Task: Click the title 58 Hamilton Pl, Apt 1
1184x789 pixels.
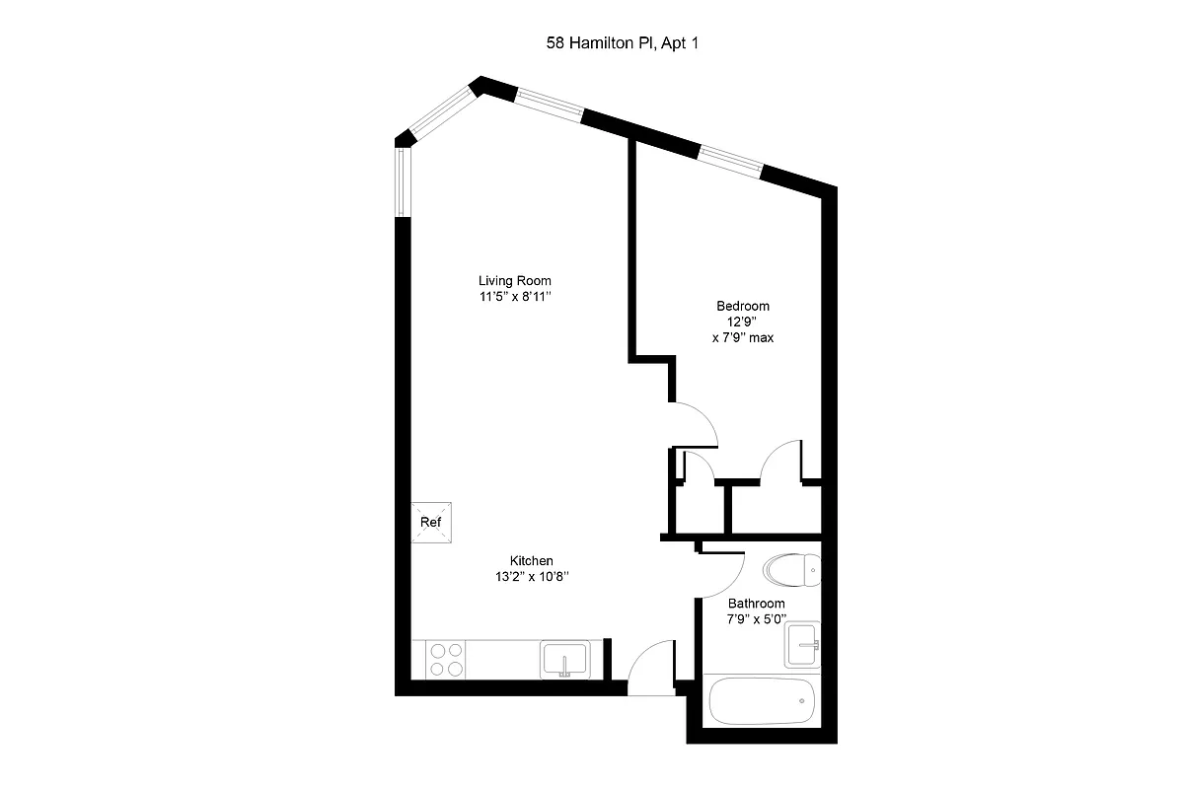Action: (x=615, y=42)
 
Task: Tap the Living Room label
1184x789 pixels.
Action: (x=515, y=280)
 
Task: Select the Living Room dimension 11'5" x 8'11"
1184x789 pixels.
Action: (x=515, y=297)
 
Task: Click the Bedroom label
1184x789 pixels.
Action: (x=742, y=306)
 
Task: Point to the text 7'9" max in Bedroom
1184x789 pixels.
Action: (x=742, y=337)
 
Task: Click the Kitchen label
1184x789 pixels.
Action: (x=531, y=560)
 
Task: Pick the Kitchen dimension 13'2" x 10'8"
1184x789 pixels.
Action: (x=531, y=577)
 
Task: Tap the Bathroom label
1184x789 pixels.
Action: (x=756, y=604)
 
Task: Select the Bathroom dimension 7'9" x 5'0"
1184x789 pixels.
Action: (x=756, y=619)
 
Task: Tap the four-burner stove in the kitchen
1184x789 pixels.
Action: (x=446, y=659)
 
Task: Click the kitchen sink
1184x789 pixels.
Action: (x=564, y=659)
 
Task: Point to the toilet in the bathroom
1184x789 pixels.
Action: (x=791, y=569)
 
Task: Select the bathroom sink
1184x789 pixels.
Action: (x=802, y=645)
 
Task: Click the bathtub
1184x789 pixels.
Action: (x=762, y=700)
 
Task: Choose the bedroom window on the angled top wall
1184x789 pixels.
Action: (x=730, y=159)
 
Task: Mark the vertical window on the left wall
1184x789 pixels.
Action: (x=402, y=182)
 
